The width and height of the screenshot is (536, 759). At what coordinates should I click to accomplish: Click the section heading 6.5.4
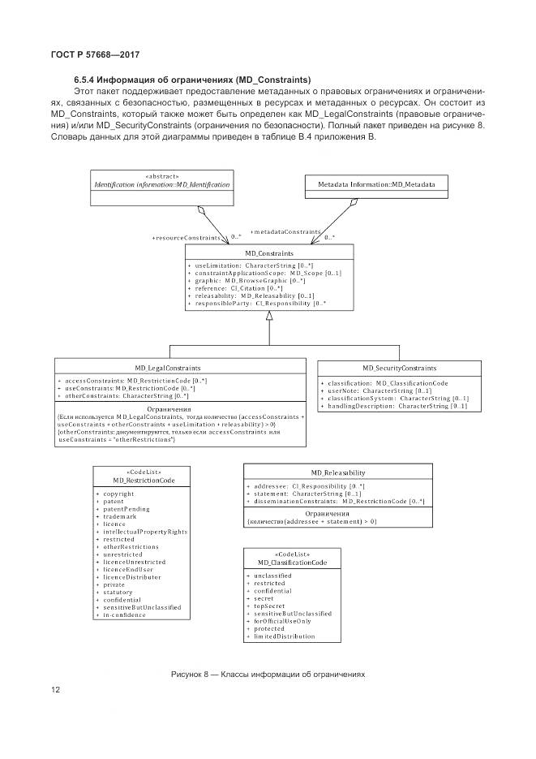pos(192,80)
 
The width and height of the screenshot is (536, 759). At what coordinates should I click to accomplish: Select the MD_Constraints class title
pos(268,254)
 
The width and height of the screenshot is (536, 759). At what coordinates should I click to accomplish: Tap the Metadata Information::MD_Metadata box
pos(375,185)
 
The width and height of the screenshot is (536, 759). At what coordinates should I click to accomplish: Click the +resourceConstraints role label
pos(187,238)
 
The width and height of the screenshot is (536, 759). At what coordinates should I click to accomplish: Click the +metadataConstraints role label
pos(285,231)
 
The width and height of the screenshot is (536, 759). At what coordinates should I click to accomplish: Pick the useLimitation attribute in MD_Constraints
pos(239,266)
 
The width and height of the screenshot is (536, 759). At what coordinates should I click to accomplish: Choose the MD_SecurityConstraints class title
pos(399,368)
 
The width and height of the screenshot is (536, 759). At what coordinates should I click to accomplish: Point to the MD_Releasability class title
pos(338,472)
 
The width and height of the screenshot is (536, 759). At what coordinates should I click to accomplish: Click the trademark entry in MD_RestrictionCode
pos(120,516)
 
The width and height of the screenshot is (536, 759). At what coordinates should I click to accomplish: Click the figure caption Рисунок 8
pos(268,674)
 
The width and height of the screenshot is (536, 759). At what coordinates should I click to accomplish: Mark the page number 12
pos(55,691)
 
